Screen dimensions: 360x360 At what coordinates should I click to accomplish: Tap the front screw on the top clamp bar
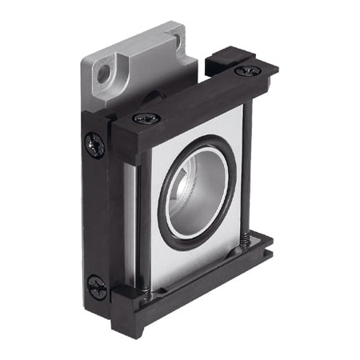[x=146, y=118]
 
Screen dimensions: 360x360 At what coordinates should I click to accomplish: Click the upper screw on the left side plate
[x=94, y=145]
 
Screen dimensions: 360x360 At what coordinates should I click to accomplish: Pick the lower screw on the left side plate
[x=97, y=286]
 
